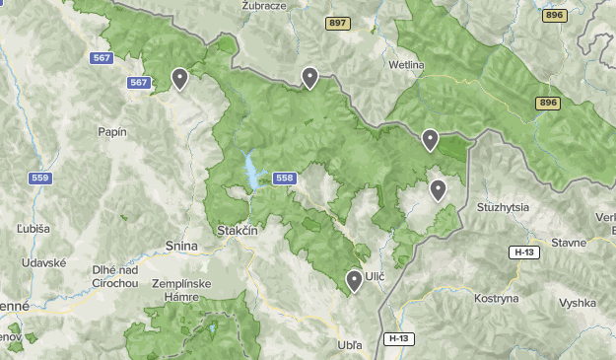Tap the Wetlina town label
tap(406, 65)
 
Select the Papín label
tap(112, 132)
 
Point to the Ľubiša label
tap(33, 228)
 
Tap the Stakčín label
tap(237, 231)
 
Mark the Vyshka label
tap(578, 305)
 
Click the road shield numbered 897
tap(339, 23)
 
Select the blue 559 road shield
tap(40, 179)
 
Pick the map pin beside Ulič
tap(355, 281)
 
